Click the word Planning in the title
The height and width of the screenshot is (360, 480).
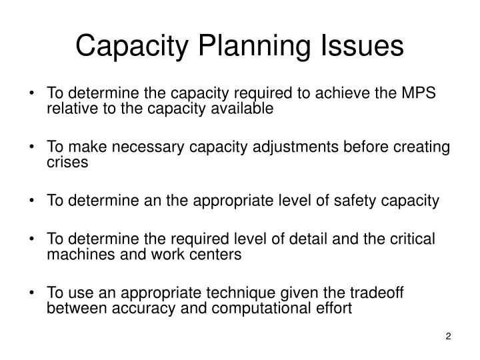pyautogui.click(x=261, y=46)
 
